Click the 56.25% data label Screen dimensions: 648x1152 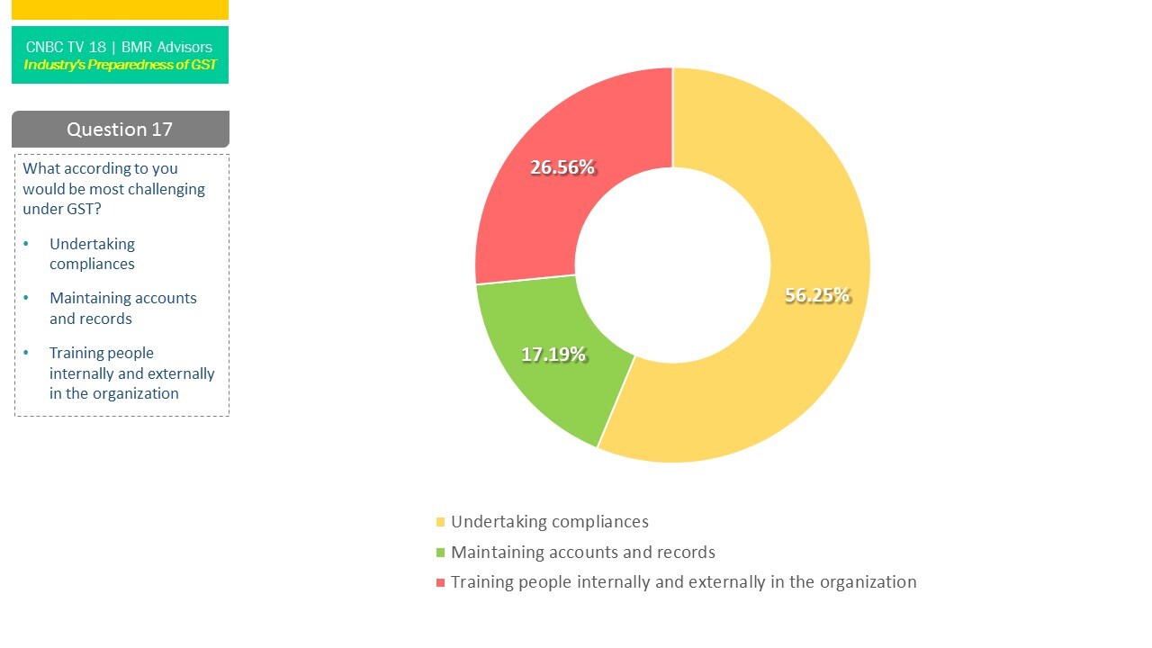click(x=817, y=295)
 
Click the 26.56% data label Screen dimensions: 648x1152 click(x=562, y=167)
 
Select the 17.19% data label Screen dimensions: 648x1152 click(x=553, y=355)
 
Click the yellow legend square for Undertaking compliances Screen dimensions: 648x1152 click(x=440, y=522)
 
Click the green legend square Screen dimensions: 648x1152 click(x=440, y=553)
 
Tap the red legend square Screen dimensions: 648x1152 click(x=440, y=582)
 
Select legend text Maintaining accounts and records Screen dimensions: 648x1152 click(x=583, y=553)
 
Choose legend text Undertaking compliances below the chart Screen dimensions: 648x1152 click(x=549, y=522)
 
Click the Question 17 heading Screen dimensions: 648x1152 click(x=120, y=130)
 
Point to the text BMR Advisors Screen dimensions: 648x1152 click(x=166, y=47)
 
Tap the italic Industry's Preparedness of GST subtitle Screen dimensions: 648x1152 click(x=120, y=65)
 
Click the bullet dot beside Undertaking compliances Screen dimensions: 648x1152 click(x=26, y=244)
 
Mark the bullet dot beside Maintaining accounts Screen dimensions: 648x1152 click(x=26, y=298)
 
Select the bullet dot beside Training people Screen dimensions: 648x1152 click(x=26, y=353)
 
